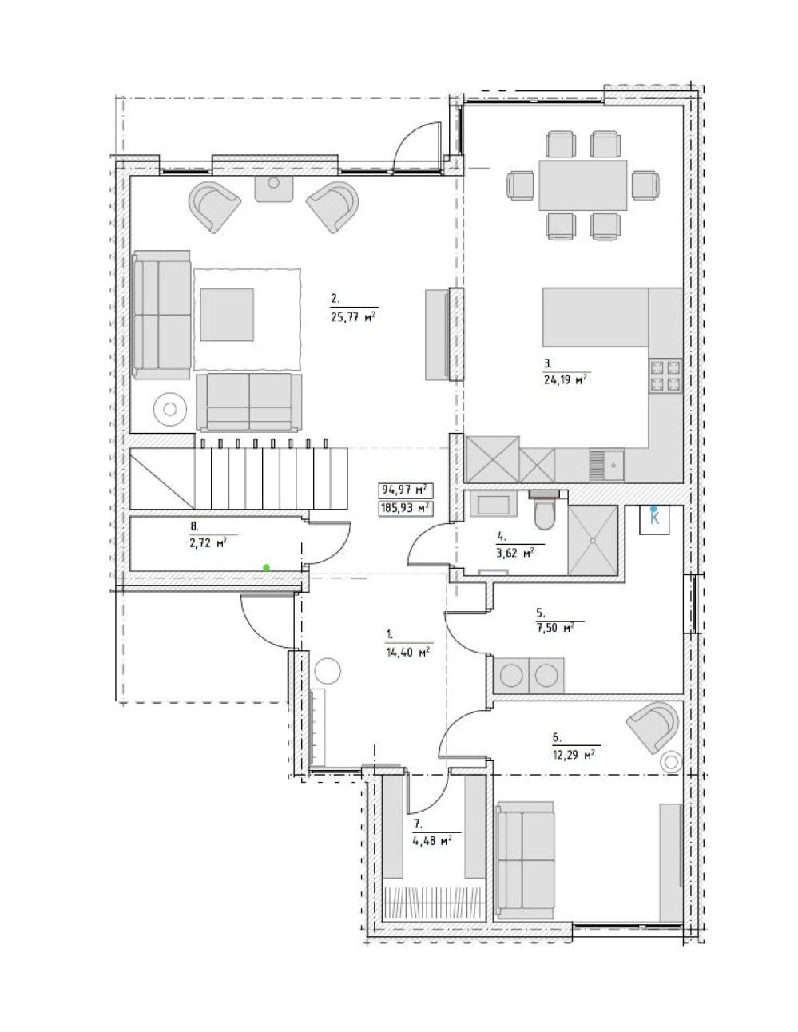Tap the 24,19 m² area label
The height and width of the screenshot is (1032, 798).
click(565, 379)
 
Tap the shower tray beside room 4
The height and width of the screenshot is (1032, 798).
click(593, 540)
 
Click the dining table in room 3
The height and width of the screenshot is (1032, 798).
click(582, 185)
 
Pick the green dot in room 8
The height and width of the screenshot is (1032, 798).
click(266, 567)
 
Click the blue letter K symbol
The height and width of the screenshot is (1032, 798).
click(655, 518)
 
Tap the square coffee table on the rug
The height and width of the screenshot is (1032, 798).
click(226, 315)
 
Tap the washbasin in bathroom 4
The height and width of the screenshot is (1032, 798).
click(493, 503)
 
